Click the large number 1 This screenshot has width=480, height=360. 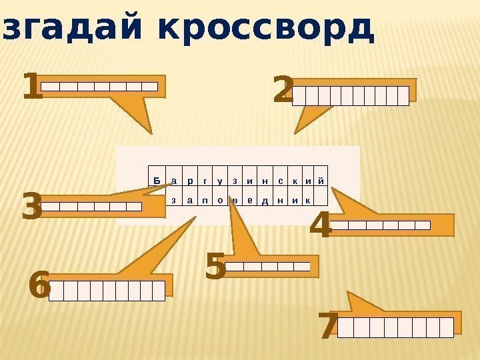pyautogui.click(x=31, y=88)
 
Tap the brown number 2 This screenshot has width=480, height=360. pyautogui.click(x=283, y=91)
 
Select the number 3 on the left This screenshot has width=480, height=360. pyautogui.click(x=31, y=207)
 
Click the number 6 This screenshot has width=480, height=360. pyautogui.click(x=39, y=289)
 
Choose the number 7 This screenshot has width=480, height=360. pyautogui.click(x=327, y=327)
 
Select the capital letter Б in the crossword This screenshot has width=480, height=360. pyautogui.click(x=156, y=181)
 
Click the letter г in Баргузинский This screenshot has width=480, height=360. pyautogui.click(x=205, y=181)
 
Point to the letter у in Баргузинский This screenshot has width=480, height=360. pyautogui.click(x=220, y=181)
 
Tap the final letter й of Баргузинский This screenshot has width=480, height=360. pyautogui.click(x=321, y=181)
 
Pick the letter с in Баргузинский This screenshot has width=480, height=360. pyautogui.click(x=280, y=181)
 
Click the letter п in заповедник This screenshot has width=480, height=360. pyautogui.click(x=203, y=200)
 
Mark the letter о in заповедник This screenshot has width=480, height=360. pyautogui.click(x=219, y=200)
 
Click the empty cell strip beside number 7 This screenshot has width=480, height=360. pyautogui.click(x=396, y=327)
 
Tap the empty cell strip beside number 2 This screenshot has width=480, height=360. pyautogui.click(x=351, y=96)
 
